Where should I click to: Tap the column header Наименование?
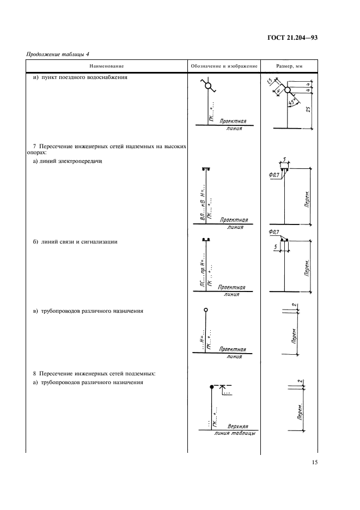(x=107, y=66)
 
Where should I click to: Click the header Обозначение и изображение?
(x=224, y=66)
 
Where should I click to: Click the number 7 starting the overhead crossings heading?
(x=34, y=147)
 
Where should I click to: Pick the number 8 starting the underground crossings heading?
(x=34, y=374)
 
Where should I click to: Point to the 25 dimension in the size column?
(x=309, y=110)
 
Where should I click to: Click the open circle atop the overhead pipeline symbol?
(x=205, y=310)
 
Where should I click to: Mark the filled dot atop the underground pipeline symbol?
(x=211, y=386)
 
